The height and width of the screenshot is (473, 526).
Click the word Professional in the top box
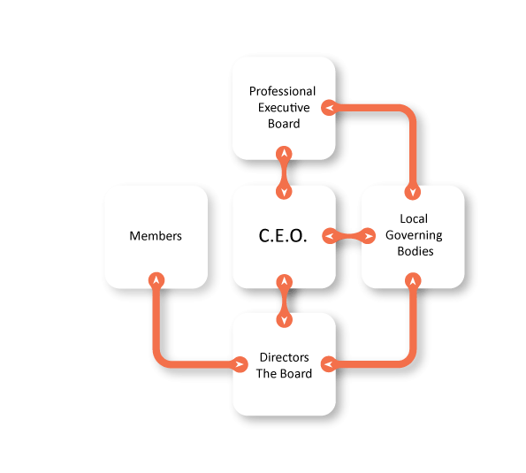[x=282, y=91]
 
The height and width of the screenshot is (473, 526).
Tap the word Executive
[x=284, y=108]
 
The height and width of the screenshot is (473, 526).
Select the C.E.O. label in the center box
[x=283, y=235]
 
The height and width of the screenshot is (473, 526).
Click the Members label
[x=156, y=236]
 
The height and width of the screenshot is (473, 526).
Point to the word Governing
[x=414, y=235]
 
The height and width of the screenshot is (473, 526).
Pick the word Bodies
[x=415, y=251]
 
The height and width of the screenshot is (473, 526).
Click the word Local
[x=414, y=218]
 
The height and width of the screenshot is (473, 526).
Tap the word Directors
[x=284, y=357]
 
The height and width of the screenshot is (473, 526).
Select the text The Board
[x=284, y=374]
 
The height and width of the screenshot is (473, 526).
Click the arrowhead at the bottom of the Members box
[x=156, y=280]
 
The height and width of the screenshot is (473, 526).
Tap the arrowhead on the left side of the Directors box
[x=240, y=364]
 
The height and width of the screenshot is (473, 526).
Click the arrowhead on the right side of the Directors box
[x=329, y=364]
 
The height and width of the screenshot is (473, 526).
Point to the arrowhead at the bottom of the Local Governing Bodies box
[x=413, y=281]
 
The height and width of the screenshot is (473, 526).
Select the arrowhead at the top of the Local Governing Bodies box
[x=413, y=192]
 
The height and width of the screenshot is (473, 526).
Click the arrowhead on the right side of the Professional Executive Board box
[x=330, y=108]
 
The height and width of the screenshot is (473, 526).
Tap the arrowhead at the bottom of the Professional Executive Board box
[x=284, y=154]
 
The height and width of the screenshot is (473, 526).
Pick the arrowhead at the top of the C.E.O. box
[x=284, y=192]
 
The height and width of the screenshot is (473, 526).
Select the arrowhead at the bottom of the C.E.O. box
[x=284, y=282]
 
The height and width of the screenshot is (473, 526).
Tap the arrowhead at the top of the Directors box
[x=284, y=320]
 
